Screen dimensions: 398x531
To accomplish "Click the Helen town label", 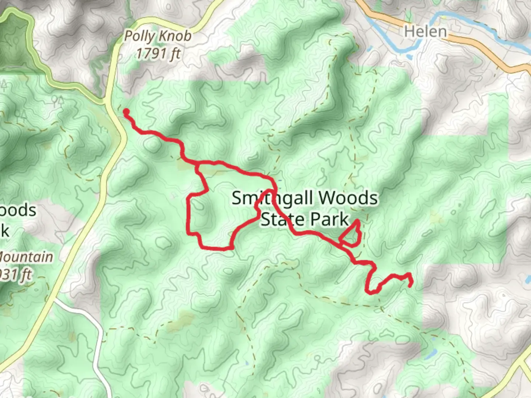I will (425, 31).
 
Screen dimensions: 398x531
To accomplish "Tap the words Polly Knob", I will (158, 36).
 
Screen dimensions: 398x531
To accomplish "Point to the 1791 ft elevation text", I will (158, 54).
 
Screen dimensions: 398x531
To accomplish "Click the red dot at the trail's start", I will (126, 112).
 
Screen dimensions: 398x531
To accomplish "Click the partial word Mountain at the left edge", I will (27, 257).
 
